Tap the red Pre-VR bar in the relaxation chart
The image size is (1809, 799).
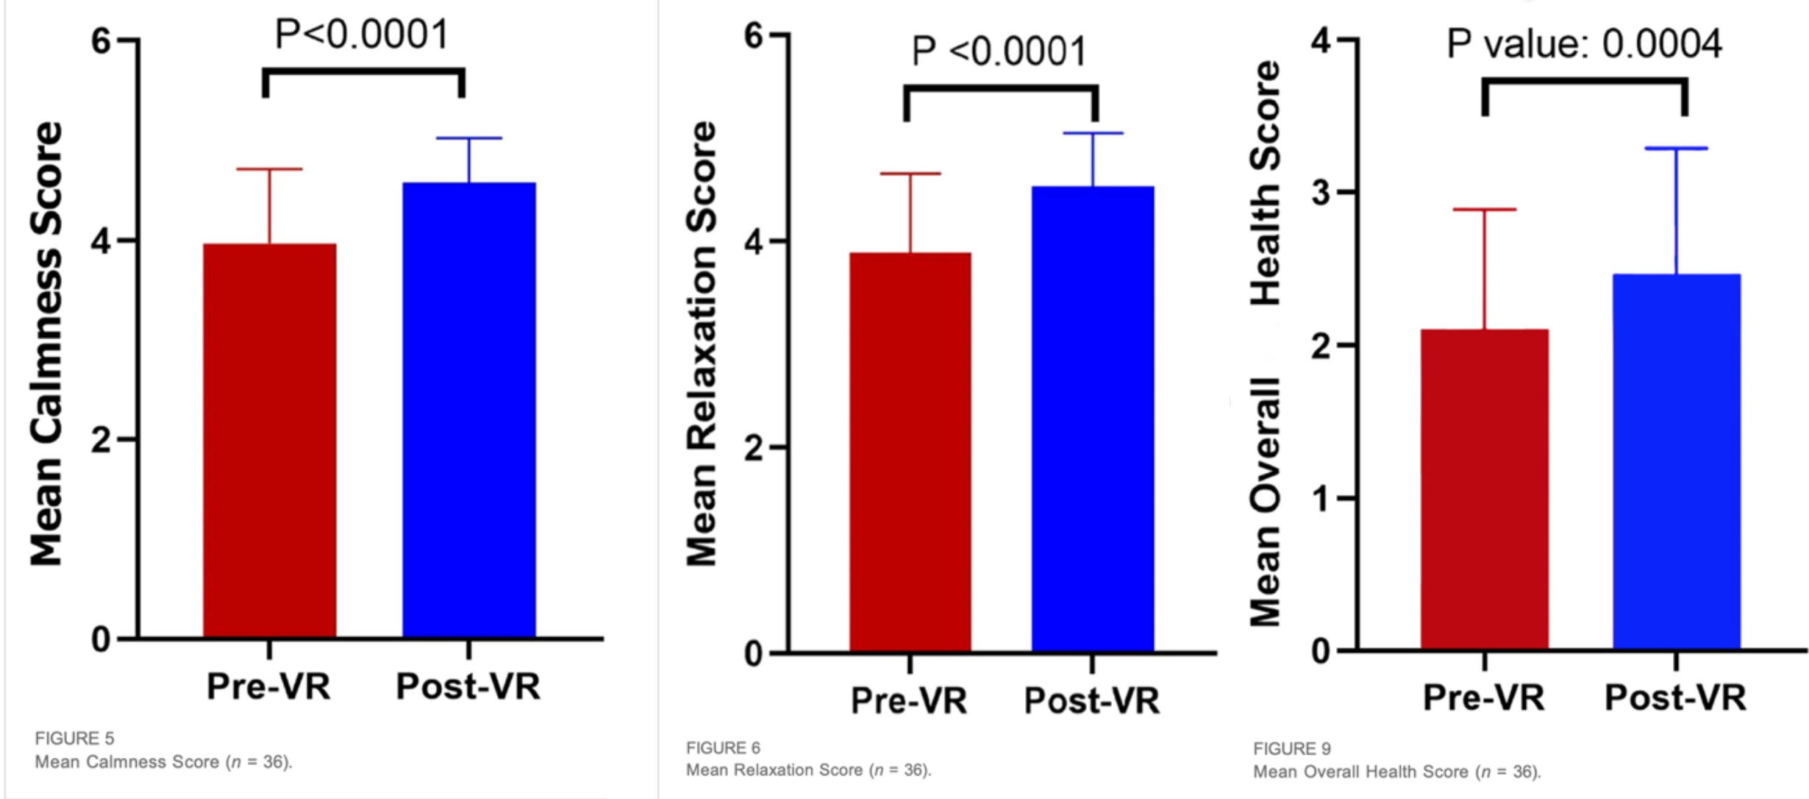[x=910, y=452]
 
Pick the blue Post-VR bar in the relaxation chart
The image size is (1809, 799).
[x=1092, y=419]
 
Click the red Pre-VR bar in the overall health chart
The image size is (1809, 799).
[x=1484, y=489]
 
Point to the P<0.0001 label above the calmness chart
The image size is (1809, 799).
[x=362, y=34]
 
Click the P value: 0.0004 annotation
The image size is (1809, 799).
[x=1583, y=44]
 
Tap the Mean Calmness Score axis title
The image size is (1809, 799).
[x=46, y=344]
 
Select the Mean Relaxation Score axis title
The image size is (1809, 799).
[x=702, y=344]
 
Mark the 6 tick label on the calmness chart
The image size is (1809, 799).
[x=101, y=40]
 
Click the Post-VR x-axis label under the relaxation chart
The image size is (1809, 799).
[x=1091, y=700]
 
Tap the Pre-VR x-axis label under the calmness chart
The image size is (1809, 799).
[x=268, y=686]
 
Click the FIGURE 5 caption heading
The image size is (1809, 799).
[x=74, y=738]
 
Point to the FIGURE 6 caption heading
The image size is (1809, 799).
[x=723, y=748]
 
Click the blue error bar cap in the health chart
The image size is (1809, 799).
[x=1676, y=149]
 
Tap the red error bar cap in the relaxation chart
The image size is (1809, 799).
[x=910, y=174]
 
